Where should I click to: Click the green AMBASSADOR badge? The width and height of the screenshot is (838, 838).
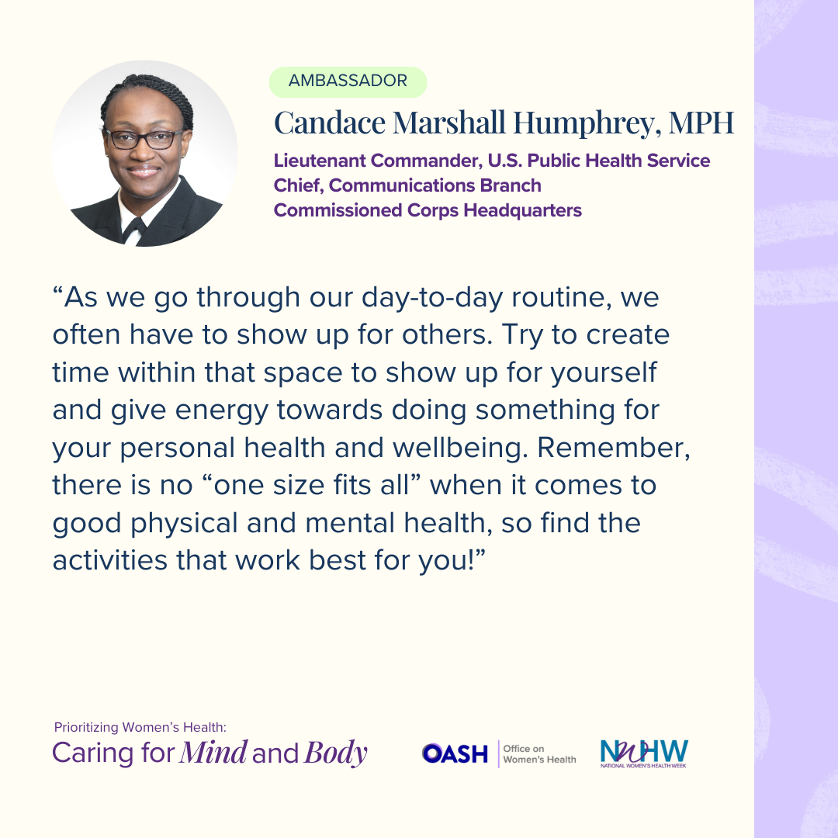(x=348, y=81)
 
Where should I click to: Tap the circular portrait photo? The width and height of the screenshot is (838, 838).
(x=145, y=154)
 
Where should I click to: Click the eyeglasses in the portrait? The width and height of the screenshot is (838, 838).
(x=144, y=139)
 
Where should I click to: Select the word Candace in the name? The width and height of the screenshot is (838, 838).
(x=330, y=123)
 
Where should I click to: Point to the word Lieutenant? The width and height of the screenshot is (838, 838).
(x=320, y=161)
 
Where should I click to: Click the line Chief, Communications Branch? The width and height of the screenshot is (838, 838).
(x=407, y=185)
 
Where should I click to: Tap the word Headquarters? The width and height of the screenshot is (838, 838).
(x=522, y=210)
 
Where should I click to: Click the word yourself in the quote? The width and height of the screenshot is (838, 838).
(x=604, y=373)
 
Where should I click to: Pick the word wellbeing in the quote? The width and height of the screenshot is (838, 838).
(x=460, y=448)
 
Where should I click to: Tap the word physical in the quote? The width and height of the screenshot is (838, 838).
(x=184, y=523)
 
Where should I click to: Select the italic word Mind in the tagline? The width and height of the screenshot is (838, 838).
(x=213, y=753)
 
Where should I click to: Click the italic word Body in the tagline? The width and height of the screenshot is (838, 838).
(x=336, y=753)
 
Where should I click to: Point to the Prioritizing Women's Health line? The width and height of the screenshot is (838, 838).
(x=140, y=727)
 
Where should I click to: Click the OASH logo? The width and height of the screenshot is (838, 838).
(x=455, y=754)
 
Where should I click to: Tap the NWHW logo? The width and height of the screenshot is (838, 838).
(x=644, y=753)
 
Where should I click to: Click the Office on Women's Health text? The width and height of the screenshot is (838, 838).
(x=539, y=754)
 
